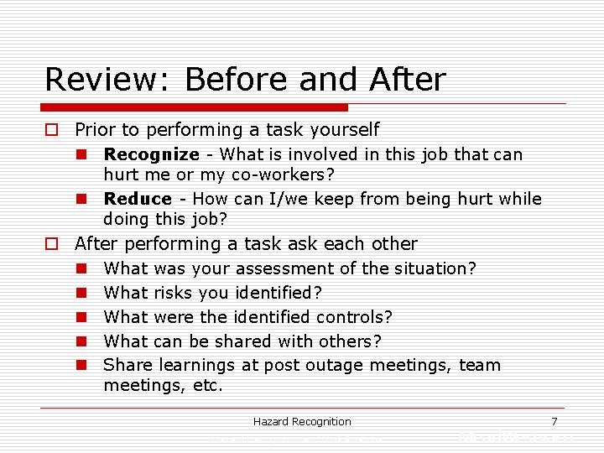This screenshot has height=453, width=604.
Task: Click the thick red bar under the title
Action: pyautogui.click(x=196, y=107)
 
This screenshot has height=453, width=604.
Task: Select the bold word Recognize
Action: pyautogui.click(x=151, y=154)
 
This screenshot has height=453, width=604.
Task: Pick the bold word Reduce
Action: pyautogui.click(x=138, y=199)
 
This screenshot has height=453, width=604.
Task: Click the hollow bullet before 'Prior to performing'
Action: pyautogui.click(x=52, y=130)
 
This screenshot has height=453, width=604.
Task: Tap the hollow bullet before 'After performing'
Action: pyautogui.click(x=52, y=244)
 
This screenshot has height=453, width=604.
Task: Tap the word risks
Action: pyautogui.click(x=172, y=293)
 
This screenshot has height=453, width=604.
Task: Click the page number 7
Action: pyautogui.click(x=554, y=421)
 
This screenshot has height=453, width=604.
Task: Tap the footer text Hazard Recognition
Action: pyautogui.click(x=302, y=421)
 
